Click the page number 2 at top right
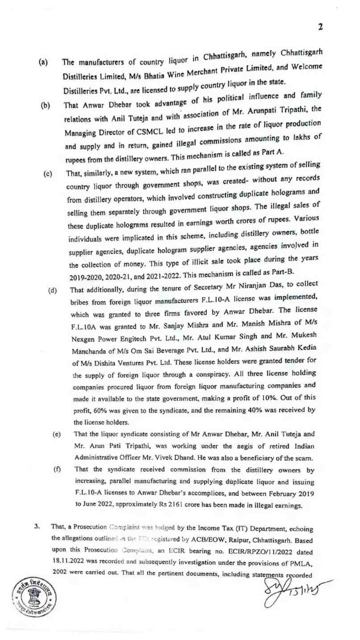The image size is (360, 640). [x=320, y=27]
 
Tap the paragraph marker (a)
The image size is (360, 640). [x=44, y=64]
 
